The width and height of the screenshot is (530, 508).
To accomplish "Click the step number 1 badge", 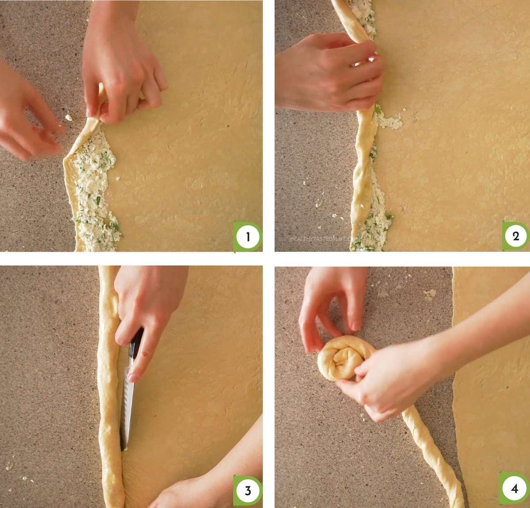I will coord(247,237).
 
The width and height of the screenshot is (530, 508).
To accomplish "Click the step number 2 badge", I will coord(515,236).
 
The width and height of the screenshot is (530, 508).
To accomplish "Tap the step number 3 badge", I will coord(247,490).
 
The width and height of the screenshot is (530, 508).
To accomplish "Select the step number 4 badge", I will coord(514,489).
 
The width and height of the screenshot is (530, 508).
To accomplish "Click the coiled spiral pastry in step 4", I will coord(340,358).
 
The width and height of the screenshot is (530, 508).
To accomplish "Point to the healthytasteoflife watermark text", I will coord(325,239).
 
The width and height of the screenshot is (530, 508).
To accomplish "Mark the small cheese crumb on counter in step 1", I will coord(68,118).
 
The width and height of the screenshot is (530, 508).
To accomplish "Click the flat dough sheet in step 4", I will coord(490,375).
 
